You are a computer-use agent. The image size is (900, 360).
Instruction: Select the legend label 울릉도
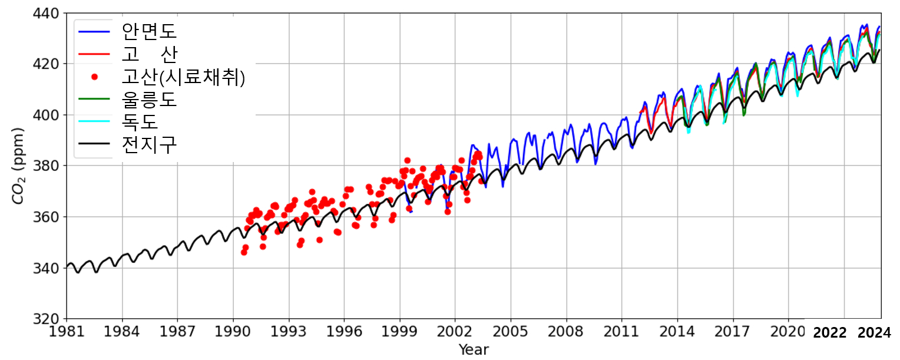(148, 99)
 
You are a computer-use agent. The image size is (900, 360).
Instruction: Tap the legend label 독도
(140, 122)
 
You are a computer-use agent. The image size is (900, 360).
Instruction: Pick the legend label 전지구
(148, 145)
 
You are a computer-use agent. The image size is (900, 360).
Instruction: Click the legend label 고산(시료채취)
(183, 77)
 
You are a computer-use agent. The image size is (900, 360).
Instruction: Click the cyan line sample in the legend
(94, 122)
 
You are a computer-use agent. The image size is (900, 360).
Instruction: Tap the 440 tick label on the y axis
(47, 12)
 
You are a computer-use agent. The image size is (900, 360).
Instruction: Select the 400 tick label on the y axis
(47, 115)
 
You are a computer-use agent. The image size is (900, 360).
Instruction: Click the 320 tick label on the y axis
(47, 319)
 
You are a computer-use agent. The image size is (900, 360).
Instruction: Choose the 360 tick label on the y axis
(47, 217)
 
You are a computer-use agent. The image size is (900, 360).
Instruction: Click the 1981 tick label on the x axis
(67, 332)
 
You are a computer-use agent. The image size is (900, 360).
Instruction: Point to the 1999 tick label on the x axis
(400, 332)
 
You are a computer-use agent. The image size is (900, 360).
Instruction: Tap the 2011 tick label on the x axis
(622, 332)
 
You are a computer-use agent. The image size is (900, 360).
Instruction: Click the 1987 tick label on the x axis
(178, 332)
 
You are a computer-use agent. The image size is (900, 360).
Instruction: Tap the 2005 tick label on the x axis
(511, 332)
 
